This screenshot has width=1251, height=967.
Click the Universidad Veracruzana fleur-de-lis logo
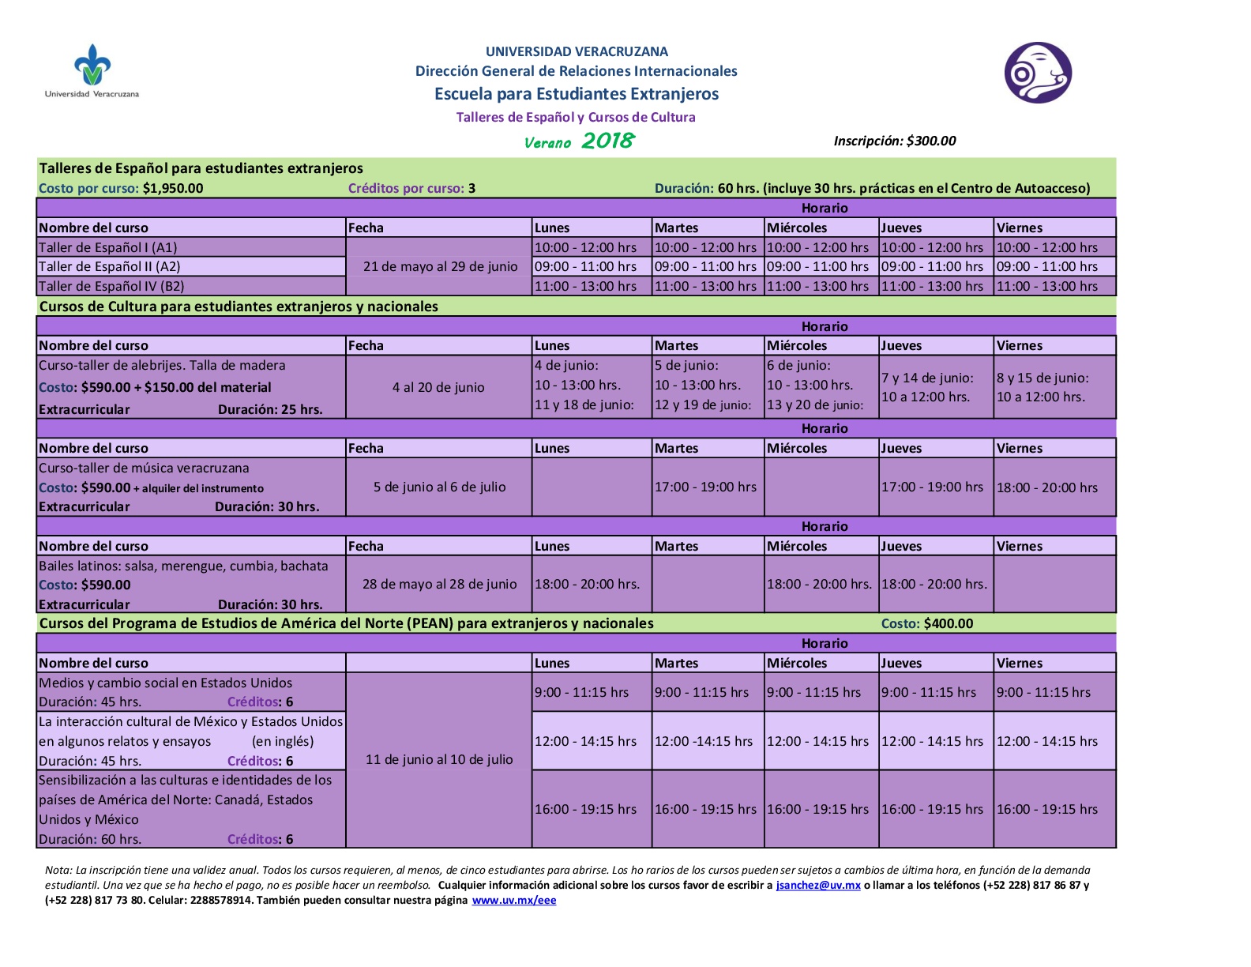(92, 66)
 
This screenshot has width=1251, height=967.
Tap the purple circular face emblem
(1037, 73)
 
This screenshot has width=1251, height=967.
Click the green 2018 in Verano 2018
(607, 141)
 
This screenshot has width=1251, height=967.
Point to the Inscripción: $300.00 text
(894, 141)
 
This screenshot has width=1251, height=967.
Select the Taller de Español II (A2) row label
(110, 266)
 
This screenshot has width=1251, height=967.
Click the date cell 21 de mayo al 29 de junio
(440, 266)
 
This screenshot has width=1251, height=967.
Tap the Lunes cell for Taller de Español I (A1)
(585, 247)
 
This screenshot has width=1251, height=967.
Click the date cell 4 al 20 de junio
(438, 387)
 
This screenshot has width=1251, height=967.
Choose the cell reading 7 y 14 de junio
(927, 378)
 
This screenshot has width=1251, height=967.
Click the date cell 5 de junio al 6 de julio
(439, 487)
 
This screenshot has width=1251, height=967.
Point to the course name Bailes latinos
(183, 566)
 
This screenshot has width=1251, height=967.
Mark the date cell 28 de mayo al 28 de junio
(439, 584)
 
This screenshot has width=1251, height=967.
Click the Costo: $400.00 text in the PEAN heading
(926, 623)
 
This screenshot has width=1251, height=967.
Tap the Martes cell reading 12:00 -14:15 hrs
(703, 741)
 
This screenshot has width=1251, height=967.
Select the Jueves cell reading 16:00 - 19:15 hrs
(932, 809)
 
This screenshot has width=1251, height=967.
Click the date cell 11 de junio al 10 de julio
(439, 759)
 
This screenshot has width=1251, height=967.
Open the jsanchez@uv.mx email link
(817, 885)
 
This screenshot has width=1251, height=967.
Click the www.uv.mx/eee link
(514, 900)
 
